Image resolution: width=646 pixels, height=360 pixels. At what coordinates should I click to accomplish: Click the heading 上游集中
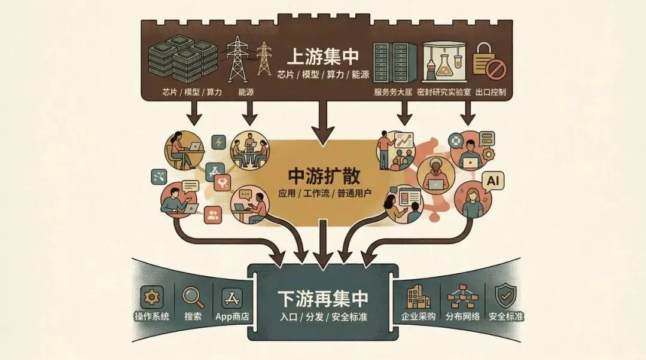coord(323,57)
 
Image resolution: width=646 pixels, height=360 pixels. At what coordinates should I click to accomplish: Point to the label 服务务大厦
coord(394,93)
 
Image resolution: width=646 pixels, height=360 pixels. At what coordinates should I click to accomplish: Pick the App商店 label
coord(232,316)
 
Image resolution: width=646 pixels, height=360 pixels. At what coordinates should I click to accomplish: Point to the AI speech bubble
coord(492,180)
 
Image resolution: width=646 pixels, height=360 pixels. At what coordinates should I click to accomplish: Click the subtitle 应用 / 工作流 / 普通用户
coord(322,195)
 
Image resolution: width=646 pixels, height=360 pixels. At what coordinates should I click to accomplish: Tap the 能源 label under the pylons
coord(246,93)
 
